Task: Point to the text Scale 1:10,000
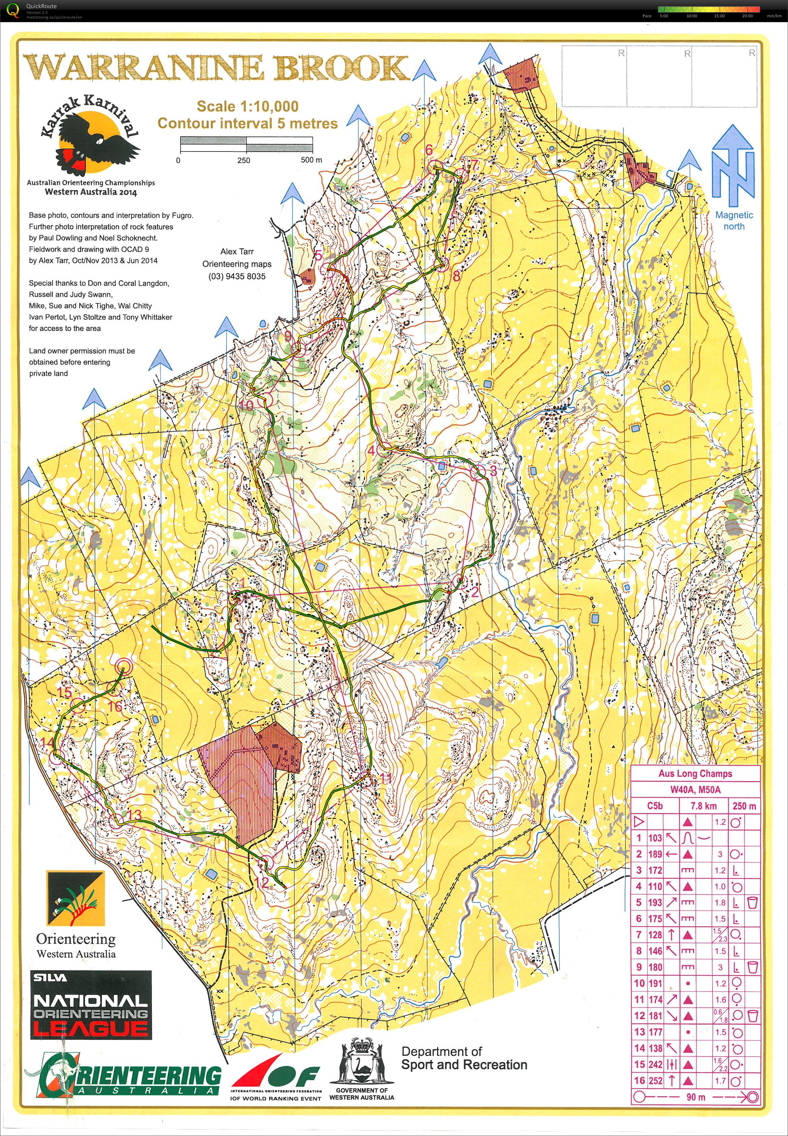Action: pyautogui.click(x=248, y=106)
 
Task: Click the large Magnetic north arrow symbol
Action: pyautogui.click(x=733, y=168)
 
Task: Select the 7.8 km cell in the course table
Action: pyautogui.click(x=703, y=806)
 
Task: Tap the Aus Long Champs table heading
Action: pyautogui.click(x=695, y=774)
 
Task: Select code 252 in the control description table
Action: pyautogui.click(x=655, y=1081)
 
